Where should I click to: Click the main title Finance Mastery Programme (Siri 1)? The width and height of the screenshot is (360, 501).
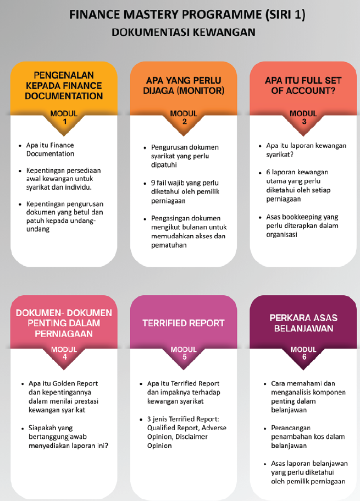pyautogui.click(x=187, y=15)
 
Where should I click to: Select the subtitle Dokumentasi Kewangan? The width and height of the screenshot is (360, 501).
pyautogui.click(x=184, y=32)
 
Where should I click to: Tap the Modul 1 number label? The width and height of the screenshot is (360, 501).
pyautogui.click(x=64, y=118)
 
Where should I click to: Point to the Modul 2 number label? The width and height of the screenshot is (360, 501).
pyautogui.click(x=184, y=118)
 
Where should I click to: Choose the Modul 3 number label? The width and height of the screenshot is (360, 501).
pyautogui.click(x=303, y=118)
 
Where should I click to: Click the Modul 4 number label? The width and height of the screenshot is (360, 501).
pyautogui.click(x=64, y=353)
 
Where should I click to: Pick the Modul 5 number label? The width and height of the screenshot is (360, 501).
pyautogui.click(x=184, y=353)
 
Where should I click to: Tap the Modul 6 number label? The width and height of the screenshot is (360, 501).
pyautogui.click(x=303, y=353)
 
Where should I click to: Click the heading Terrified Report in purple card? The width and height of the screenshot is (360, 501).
pyautogui.click(x=184, y=323)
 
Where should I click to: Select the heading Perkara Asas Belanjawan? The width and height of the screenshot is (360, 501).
pyautogui.click(x=303, y=323)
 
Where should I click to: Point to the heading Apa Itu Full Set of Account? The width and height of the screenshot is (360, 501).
pyautogui.click(x=303, y=86)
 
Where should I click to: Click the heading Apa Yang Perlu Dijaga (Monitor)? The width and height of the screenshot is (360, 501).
pyautogui.click(x=184, y=86)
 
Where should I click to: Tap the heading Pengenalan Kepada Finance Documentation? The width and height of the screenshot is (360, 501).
pyautogui.click(x=64, y=86)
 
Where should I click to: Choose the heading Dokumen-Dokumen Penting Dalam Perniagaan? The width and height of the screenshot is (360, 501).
pyautogui.click(x=64, y=323)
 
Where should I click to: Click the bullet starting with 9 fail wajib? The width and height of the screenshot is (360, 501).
pyautogui.click(x=185, y=192)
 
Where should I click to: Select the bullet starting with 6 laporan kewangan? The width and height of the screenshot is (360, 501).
pyautogui.click(x=298, y=185)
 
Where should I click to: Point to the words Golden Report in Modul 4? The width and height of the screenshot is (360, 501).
pyautogui.click(x=75, y=383)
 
